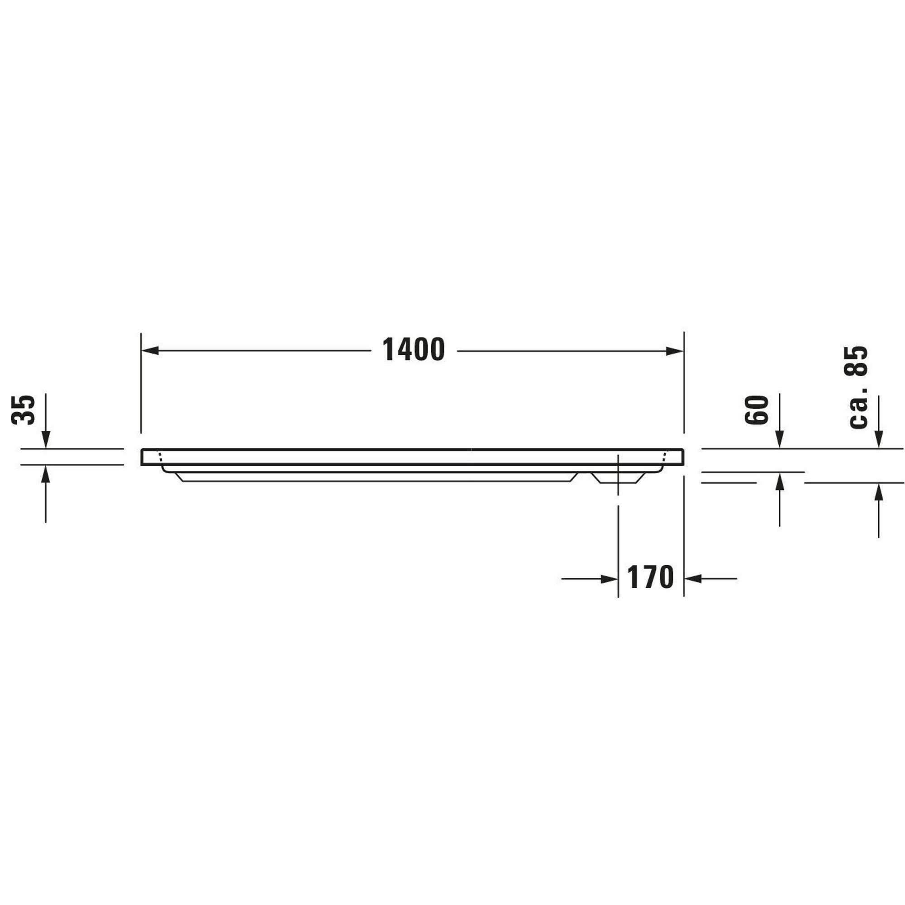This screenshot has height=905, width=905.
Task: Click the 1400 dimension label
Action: pos(414,350)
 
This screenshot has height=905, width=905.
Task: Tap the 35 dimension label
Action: pos(24,410)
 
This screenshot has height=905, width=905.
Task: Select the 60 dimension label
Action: pos(757,410)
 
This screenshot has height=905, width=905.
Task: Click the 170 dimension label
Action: pos(650,577)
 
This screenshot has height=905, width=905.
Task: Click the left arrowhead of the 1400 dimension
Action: pos(150,351)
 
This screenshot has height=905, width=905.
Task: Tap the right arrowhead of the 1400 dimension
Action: pos(675,351)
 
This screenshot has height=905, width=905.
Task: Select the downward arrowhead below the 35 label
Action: pos(45,440)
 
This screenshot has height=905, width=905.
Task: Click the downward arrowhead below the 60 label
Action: pos(780,440)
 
